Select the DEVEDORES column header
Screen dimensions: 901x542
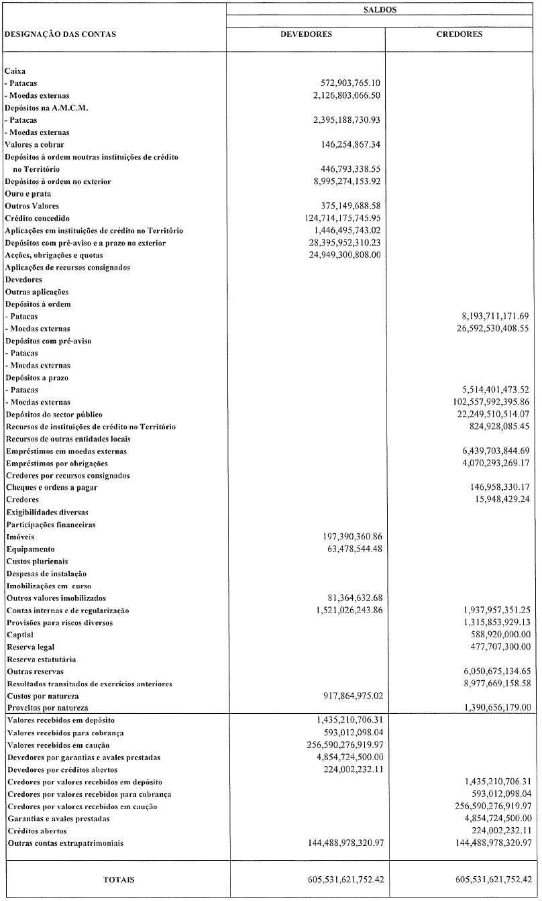[306, 34]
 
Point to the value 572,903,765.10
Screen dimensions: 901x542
[351, 83]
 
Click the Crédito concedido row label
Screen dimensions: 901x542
[38, 219]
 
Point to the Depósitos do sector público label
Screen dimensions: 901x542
[54, 415]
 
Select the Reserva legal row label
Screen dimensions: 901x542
[31, 647]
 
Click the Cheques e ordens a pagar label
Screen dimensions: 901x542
[52, 488]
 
